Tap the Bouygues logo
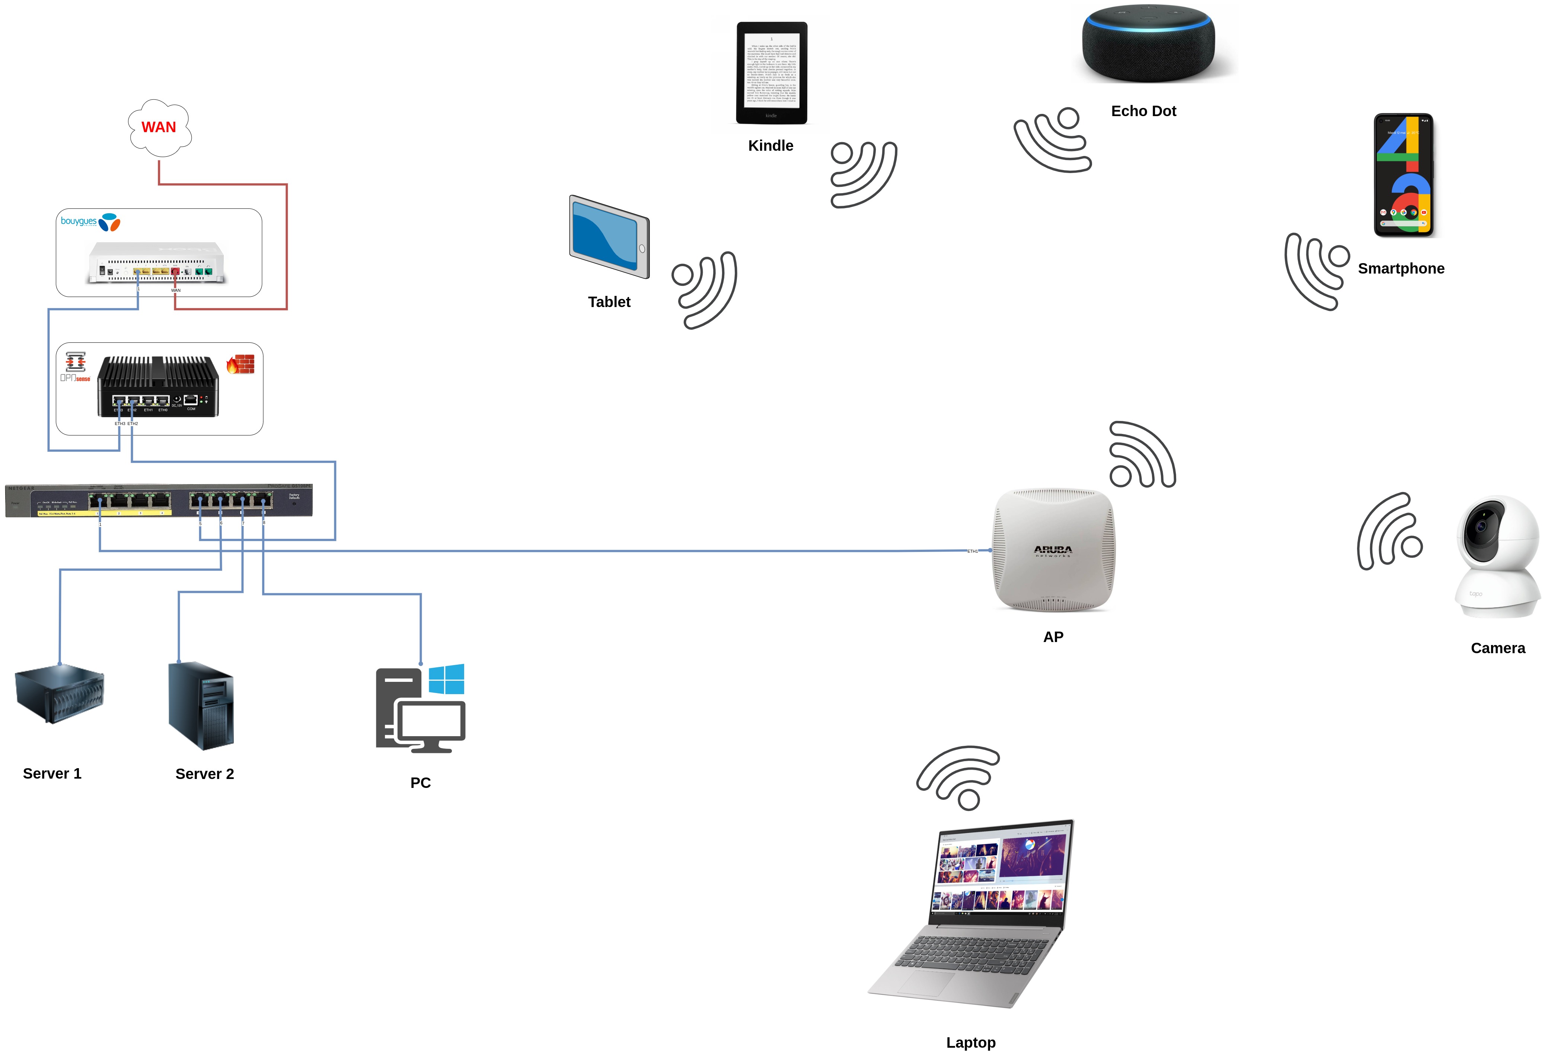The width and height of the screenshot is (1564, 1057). (90, 221)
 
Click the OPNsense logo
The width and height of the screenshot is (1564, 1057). (76, 367)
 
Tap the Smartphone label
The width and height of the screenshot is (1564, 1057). (1401, 268)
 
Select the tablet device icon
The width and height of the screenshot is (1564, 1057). (609, 236)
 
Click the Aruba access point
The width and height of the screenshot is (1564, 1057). (1053, 550)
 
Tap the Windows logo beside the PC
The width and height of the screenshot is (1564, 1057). (446, 679)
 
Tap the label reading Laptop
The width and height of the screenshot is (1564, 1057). (970, 1042)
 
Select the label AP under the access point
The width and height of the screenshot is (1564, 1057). (1053, 636)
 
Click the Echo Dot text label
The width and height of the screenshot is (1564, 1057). (1143, 111)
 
